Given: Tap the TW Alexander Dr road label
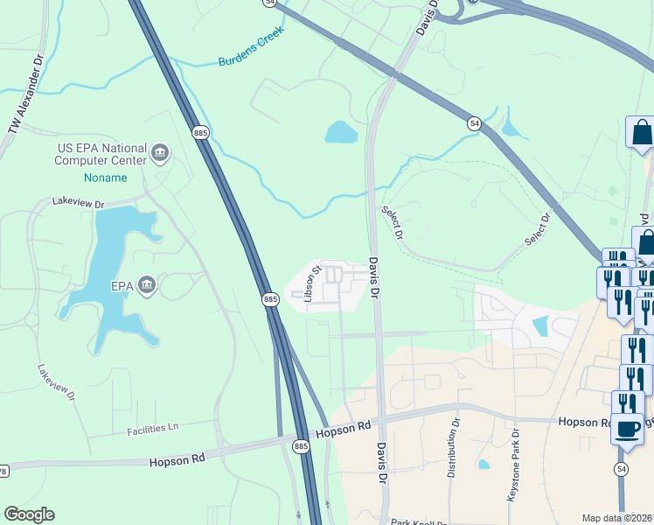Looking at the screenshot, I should click(x=25, y=97).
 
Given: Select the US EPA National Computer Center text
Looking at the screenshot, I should click(x=101, y=154).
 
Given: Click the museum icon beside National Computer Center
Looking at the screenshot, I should click(x=160, y=154).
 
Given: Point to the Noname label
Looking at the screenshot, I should click(x=105, y=178).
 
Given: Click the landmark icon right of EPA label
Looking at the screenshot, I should click(x=147, y=284).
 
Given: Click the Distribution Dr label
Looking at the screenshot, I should click(x=453, y=447).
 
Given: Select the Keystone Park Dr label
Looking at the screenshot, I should click(x=514, y=465).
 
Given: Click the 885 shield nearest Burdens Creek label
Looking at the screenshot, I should click(x=200, y=132).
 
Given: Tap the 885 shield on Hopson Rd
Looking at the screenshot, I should click(x=301, y=446).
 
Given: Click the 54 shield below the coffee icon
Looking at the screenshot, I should click(x=621, y=470).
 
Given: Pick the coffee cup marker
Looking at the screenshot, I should click(x=627, y=430).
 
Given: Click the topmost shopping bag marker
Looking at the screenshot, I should click(x=641, y=132).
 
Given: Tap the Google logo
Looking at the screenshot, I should click(x=29, y=514).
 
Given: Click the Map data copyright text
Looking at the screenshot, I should click(x=617, y=518).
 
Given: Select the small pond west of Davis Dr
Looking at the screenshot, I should click(x=341, y=132).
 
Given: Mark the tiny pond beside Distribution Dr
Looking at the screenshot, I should click(x=484, y=464).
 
